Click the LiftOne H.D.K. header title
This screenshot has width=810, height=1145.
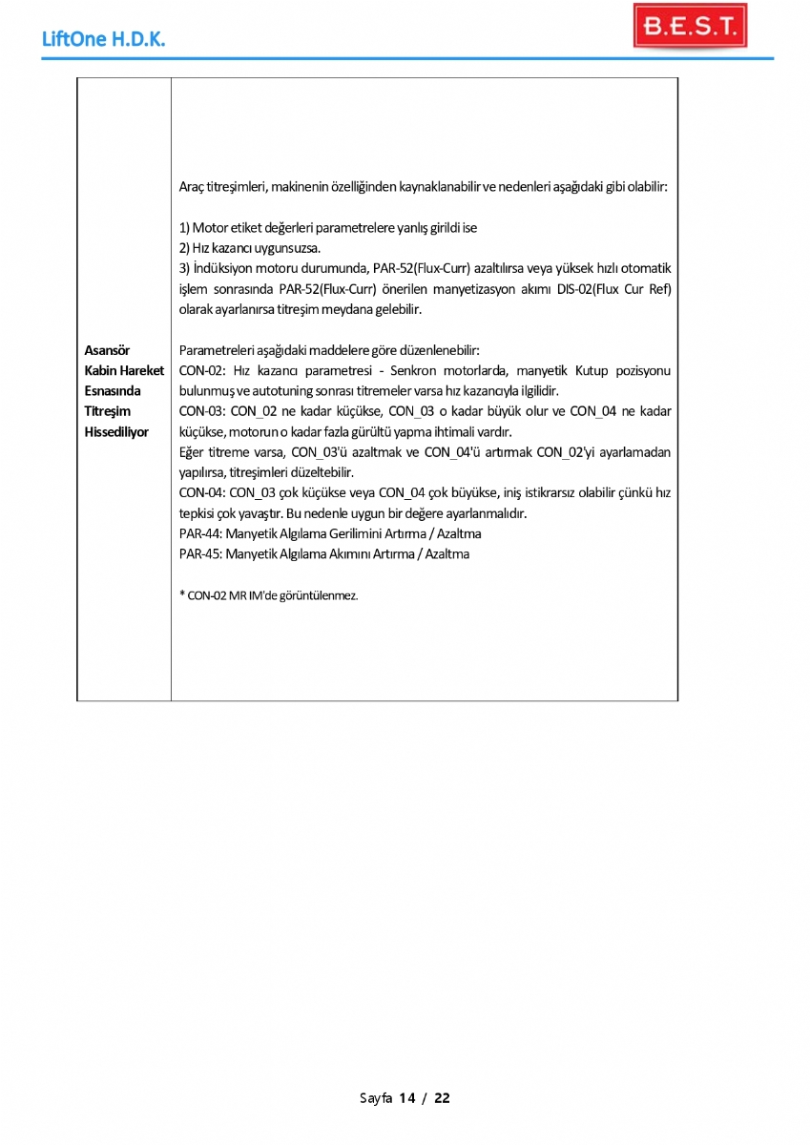coord(105,40)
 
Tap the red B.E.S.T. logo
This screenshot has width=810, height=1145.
coord(690,27)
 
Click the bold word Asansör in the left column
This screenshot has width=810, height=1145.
coord(107,350)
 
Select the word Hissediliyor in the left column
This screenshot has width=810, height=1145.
coord(116,432)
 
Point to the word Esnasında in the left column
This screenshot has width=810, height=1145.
coord(112,391)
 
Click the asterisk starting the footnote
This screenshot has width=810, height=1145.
coord(182,594)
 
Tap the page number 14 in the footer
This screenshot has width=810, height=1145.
coord(407,1098)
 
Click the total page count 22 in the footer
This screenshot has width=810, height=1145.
coord(442,1098)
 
